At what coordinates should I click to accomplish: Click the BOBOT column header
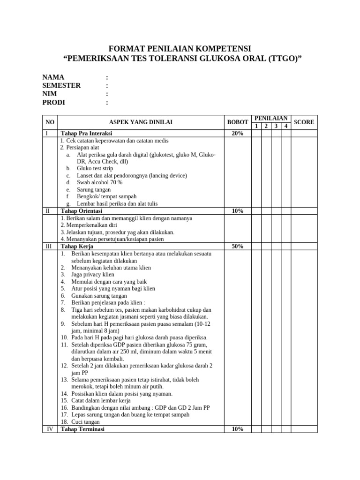click(x=238, y=122)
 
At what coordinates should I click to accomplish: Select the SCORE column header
click(x=304, y=122)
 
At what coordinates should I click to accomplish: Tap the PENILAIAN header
click(x=271, y=119)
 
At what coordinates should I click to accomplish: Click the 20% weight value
click(x=238, y=134)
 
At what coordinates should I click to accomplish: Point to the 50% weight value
click(x=238, y=246)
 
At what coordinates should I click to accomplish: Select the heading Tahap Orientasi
click(x=82, y=211)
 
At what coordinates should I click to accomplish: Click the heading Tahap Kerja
click(x=77, y=246)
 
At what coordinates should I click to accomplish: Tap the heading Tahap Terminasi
click(x=82, y=429)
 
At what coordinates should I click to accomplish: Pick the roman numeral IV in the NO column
click(x=49, y=429)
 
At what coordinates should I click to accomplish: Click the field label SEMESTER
click(x=61, y=85)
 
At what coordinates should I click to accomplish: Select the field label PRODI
click(x=53, y=102)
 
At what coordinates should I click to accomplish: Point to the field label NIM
click(x=50, y=94)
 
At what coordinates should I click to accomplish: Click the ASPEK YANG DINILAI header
click(x=141, y=122)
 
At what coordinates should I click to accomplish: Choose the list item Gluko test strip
click(x=95, y=168)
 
